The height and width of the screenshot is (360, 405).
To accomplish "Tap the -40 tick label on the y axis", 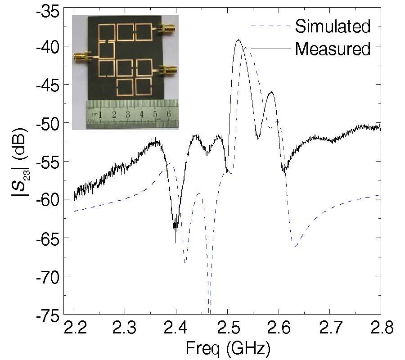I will point(50,46).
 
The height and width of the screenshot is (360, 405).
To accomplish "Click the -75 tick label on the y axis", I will point(50,315).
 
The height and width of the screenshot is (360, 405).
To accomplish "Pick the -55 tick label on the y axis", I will point(50,161).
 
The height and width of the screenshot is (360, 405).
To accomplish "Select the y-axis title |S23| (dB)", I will point(20,162).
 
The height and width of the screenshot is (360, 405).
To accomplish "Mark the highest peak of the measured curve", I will point(238,40).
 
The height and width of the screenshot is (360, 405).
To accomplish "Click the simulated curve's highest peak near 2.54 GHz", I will point(247,48).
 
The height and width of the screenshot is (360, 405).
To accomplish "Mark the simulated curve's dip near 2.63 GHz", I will point(295,246).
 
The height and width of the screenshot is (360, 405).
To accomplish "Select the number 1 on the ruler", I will point(100,114).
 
